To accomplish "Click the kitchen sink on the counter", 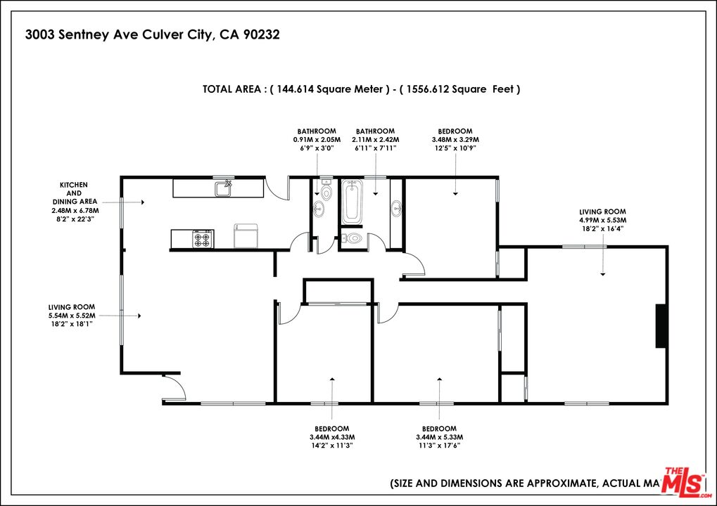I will click(224, 188).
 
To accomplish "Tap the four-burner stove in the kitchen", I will click(203, 239).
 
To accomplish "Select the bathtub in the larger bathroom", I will click(352, 202).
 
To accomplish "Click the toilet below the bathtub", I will click(353, 239).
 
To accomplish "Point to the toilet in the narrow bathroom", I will click(326, 192).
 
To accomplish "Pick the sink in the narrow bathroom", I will click(319, 208).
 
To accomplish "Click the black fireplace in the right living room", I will click(661, 325).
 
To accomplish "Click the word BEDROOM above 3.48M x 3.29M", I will click(455, 131).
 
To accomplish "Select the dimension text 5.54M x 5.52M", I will click(71, 316).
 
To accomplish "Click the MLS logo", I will click(684, 483).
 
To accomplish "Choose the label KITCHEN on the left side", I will click(73, 185).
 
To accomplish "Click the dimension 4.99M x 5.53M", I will click(602, 220).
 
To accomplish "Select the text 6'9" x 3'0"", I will click(316, 148).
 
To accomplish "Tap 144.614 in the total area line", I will click(295, 89).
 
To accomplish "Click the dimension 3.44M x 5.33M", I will click(439, 437).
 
